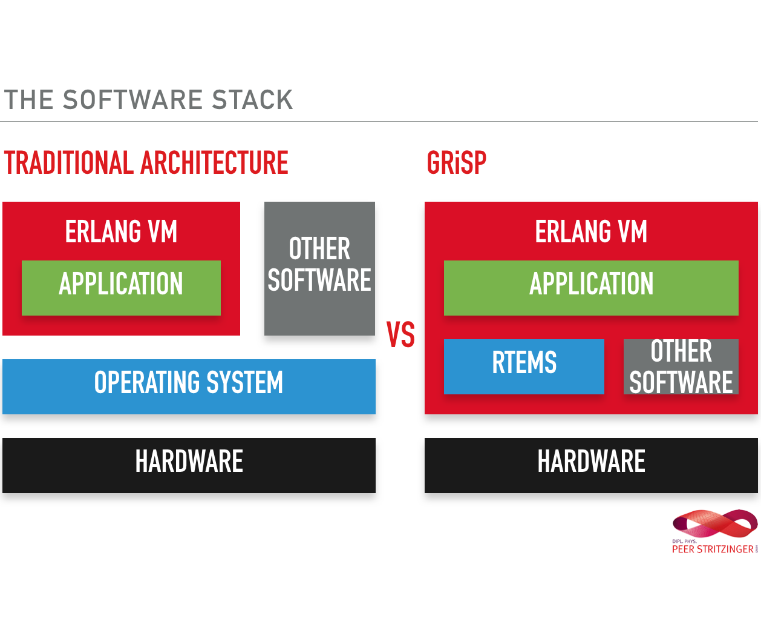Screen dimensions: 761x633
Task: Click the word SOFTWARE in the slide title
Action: [132, 100]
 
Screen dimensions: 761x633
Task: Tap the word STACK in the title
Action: [253, 100]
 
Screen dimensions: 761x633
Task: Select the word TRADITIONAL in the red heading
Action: [69, 163]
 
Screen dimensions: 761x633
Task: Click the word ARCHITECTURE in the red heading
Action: [215, 163]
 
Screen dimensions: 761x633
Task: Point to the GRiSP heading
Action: [457, 163]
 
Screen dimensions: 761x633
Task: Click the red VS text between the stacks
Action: [400, 334]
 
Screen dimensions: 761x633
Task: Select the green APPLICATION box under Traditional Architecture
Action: [121, 288]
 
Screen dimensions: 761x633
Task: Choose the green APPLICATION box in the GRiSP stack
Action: [591, 288]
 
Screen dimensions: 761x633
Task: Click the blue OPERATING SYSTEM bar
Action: [189, 386]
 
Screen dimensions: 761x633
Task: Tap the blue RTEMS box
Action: [524, 366]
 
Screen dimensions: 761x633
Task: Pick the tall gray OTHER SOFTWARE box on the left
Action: [319, 268]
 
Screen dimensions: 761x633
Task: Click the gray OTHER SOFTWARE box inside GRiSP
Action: [681, 366]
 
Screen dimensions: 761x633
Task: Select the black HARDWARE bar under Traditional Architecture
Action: [189, 465]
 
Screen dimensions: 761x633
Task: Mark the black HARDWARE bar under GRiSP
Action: [591, 465]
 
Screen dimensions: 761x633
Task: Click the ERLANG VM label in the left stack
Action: [121, 231]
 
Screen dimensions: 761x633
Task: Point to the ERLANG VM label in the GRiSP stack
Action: [591, 231]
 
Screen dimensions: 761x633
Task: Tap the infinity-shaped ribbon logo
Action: [715, 524]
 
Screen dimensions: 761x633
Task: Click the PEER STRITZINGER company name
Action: [713, 549]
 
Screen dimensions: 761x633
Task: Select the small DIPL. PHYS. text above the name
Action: [684, 542]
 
